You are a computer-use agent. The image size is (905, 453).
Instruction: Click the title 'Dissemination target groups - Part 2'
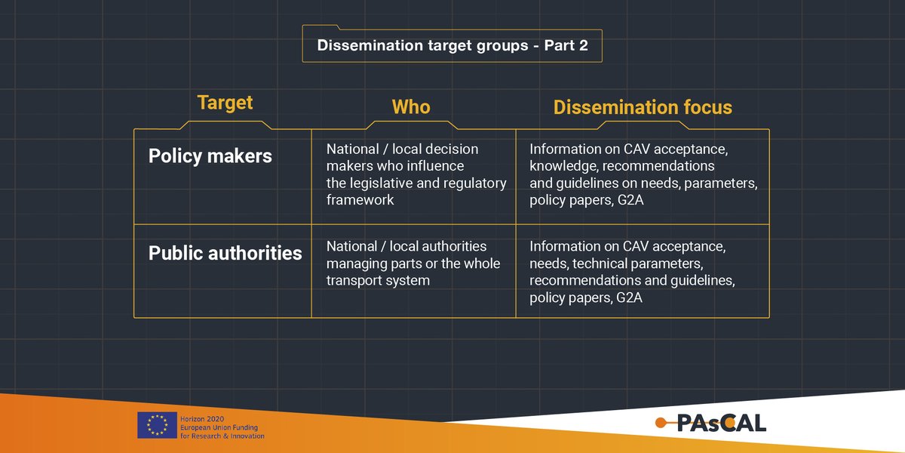[x=452, y=45]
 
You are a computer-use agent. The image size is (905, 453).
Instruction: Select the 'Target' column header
[x=225, y=103]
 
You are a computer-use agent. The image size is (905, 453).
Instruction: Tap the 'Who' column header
[x=411, y=107]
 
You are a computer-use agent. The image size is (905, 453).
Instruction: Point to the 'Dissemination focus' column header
[x=643, y=107]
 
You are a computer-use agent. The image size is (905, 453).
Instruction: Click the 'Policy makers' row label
[x=210, y=156]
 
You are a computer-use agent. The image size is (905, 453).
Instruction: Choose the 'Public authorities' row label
[x=225, y=253]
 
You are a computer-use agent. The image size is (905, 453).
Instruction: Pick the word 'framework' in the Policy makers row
[x=360, y=200]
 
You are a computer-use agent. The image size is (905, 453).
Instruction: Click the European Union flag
[x=157, y=426]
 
